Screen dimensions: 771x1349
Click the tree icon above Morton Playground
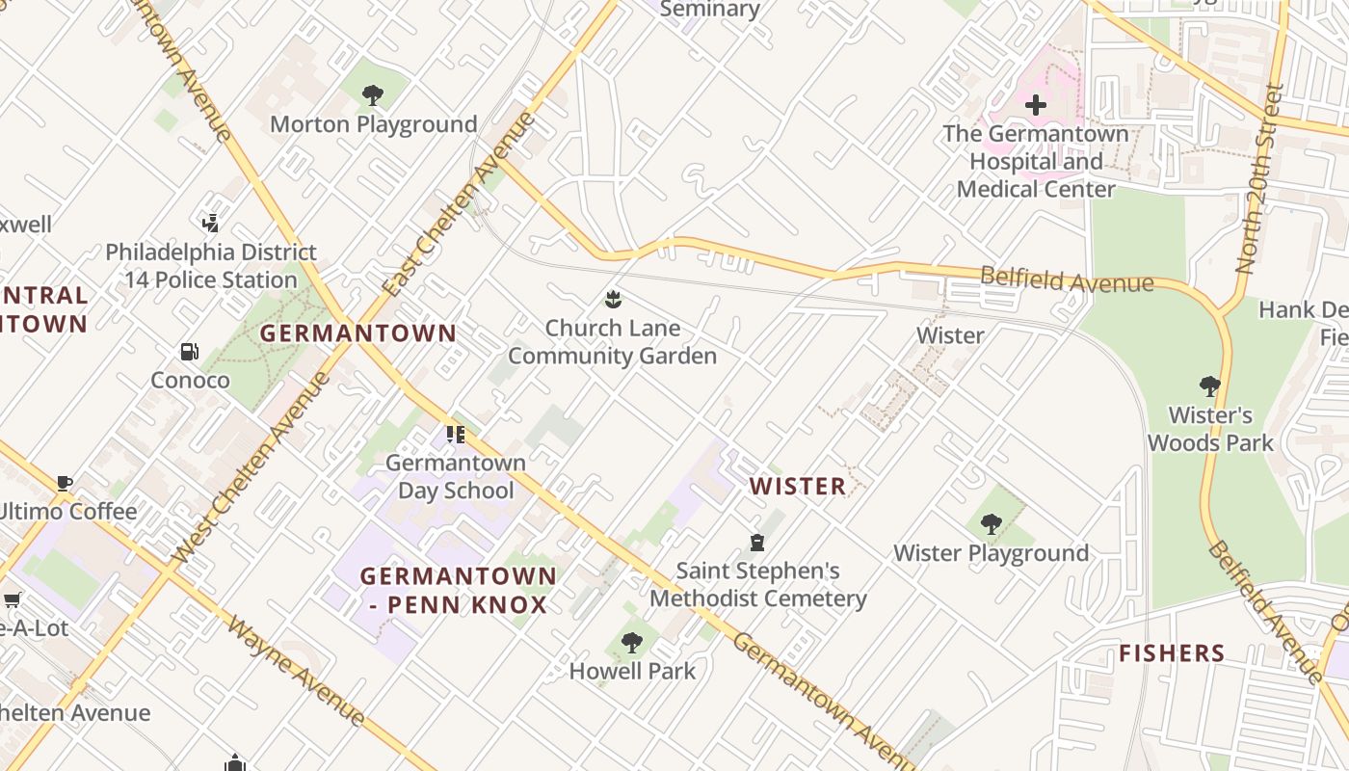click(373, 95)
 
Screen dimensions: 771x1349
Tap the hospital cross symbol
click(1036, 104)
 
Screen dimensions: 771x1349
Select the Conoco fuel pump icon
click(190, 352)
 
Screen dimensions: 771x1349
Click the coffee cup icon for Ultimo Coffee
click(64, 483)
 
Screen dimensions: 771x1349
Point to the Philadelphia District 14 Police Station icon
click(211, 224)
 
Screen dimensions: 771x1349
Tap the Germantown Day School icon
click(456, 435)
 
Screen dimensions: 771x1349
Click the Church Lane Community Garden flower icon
click(612, 300)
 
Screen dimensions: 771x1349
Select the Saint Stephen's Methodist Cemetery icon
click(757, 543)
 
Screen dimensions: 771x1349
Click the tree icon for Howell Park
click(632, 642)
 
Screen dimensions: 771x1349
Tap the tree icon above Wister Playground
click(991, 524)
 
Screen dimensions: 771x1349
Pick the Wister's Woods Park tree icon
click(1210, 386)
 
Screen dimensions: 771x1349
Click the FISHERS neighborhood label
click(1172, 653)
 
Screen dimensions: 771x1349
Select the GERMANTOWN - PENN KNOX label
click(459, 591)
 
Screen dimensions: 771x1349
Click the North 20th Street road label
click(1260, 178)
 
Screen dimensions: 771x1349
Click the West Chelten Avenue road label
click(251, 469)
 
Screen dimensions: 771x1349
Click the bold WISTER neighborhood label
click(798, 486)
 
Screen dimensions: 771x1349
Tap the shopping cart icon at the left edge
click(13, 600)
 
